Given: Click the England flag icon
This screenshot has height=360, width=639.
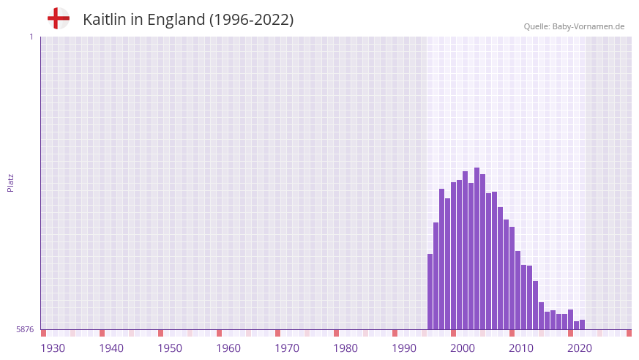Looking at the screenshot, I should point(58,18).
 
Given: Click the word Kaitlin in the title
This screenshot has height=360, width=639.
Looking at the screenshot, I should point(105,20).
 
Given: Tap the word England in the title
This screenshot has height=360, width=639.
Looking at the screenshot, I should point(176,20).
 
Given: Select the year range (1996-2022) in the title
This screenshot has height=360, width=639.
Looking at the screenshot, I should point(252,20).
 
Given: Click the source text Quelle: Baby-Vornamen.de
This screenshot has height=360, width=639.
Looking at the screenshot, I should point(574,26).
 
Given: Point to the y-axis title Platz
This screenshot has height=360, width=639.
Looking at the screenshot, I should point(10,183).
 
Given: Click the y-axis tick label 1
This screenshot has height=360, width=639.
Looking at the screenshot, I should point(31,37).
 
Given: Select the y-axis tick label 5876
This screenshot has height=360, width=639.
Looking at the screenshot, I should point(25,330).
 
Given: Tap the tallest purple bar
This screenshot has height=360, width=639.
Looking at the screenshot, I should point(477,249).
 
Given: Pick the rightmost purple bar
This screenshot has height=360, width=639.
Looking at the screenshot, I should point(582,325).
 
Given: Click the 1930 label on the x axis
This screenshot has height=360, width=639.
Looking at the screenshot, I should point(53,348).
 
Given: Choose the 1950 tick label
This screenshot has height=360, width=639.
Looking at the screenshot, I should point(170,348).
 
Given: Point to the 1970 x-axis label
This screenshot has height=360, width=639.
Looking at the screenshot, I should point(287,348).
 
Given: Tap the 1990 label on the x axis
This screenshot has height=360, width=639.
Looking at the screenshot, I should point(404,348).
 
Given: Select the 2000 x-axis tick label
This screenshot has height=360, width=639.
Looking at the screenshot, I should point(463,348).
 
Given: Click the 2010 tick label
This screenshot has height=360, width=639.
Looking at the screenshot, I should point(521,348).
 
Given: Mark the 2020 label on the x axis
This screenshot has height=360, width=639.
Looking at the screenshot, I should point(580,348).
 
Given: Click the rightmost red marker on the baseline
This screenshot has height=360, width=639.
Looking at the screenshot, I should point(629,333).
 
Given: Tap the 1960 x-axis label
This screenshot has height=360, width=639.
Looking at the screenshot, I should point(228,348).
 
